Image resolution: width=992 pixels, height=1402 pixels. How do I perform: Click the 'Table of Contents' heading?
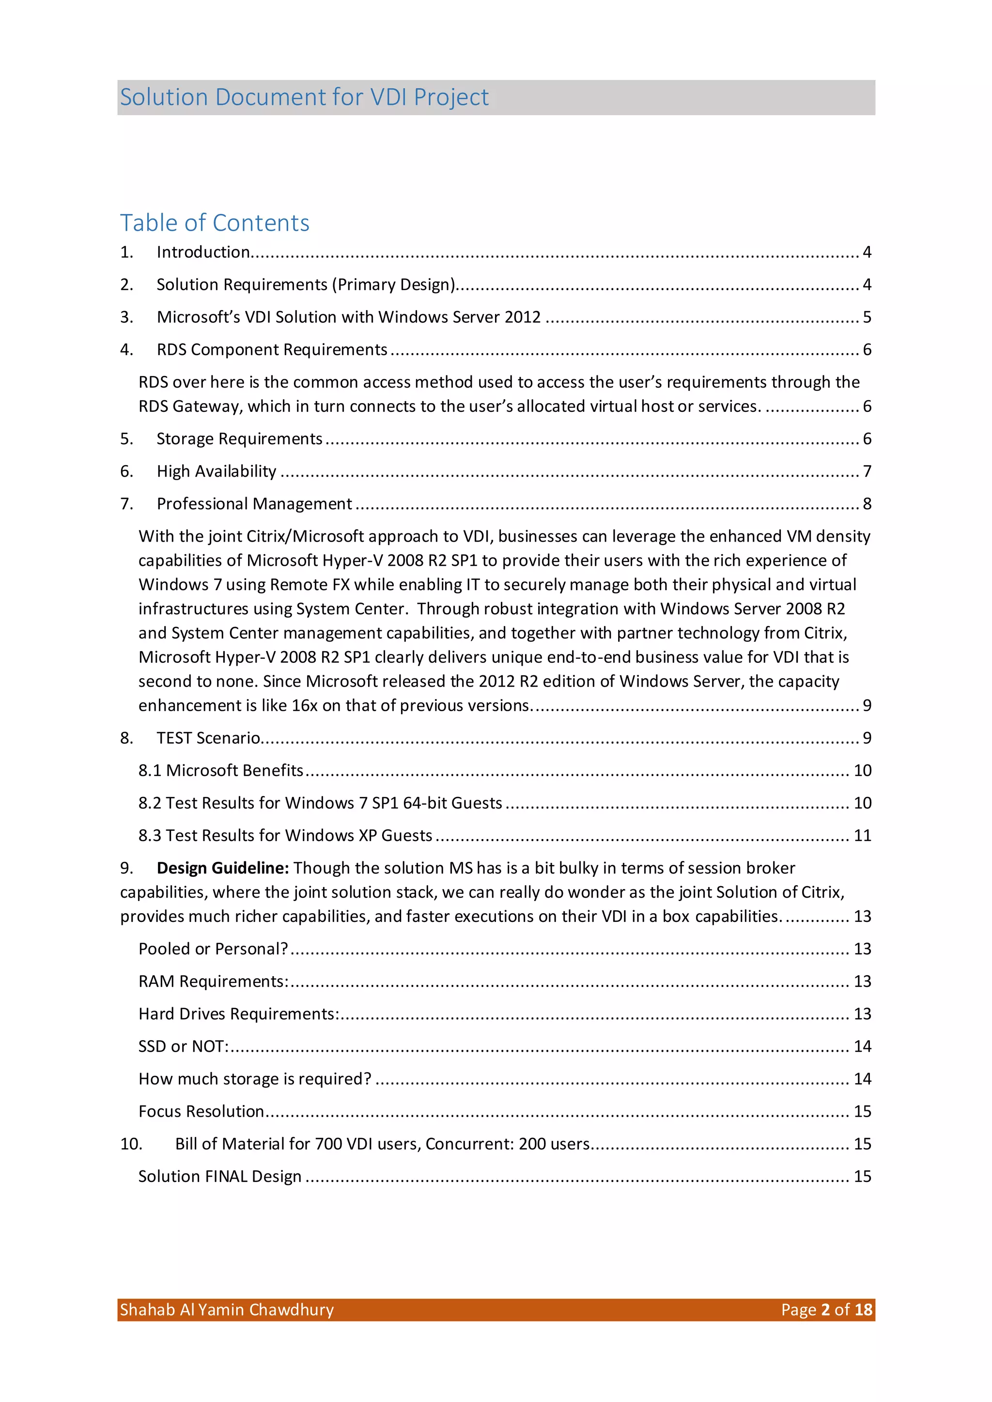pos(215,223)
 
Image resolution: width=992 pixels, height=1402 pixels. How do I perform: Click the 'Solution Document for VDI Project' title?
pos(304,97)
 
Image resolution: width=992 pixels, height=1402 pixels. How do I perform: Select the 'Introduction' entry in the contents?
pos(203,252)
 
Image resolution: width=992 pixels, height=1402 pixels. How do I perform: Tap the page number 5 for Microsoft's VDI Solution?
pos(866,317)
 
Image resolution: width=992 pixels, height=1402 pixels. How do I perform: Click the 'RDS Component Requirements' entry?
pos(272,349)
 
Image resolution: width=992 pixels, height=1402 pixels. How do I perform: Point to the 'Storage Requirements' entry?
pos(239,438)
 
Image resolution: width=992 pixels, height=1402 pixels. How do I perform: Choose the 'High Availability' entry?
pos(216,471)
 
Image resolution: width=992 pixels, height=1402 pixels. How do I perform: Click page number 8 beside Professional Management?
pos(866,503)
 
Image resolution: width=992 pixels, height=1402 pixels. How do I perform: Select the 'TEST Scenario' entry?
pos(208,738)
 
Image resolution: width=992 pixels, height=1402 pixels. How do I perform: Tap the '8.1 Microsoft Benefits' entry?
pos(220,770)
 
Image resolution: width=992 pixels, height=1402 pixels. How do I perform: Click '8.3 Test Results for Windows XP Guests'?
pos(285,835)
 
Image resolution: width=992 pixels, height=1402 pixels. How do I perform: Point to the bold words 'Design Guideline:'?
pos(222,868)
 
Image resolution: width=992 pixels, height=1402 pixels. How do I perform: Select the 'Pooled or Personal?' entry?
pos(213,949)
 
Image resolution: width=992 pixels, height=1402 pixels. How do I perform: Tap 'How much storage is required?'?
pos(255,1079)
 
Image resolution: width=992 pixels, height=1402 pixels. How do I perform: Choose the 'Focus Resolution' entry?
pos(201,1111)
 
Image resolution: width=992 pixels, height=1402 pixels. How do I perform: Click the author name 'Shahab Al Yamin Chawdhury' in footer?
pos(227,1310)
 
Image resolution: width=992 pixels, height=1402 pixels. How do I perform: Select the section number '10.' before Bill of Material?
pos(131,1144)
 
